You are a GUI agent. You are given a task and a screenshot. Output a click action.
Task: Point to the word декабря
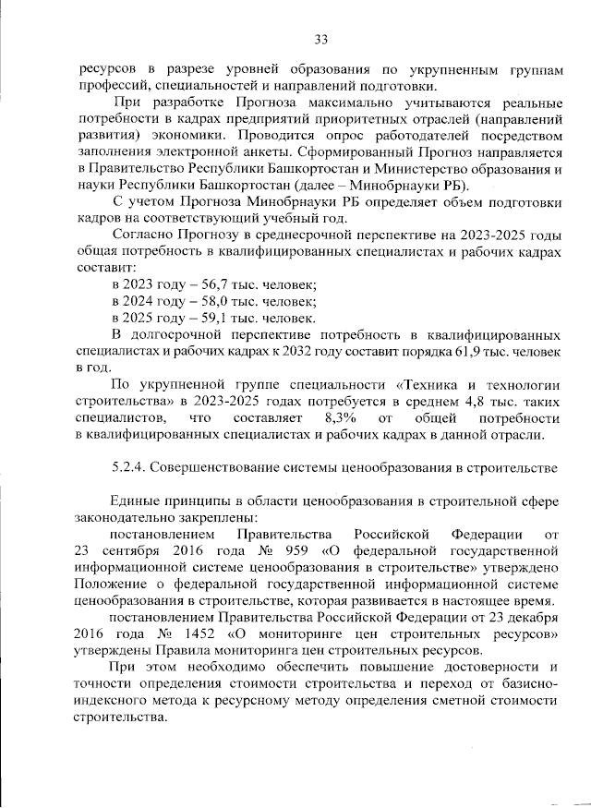point(530,619)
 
